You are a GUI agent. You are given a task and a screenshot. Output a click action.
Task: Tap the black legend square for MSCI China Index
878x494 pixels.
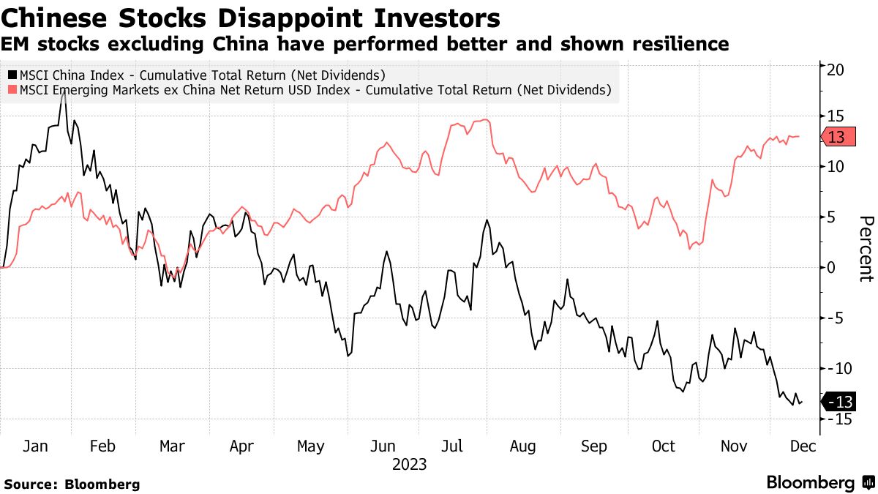tap(12, 75)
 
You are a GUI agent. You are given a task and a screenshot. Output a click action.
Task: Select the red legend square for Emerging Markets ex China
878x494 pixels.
tap(12, 91)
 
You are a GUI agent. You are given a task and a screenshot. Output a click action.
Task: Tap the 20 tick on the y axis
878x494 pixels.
tap(836, 70)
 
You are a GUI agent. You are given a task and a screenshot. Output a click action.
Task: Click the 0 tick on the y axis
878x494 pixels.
tap(832, 267)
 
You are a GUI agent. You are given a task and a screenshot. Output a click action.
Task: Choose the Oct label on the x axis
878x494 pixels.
tap(664, 446)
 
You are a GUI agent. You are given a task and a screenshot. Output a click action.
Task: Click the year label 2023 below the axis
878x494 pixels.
tap(410, 464)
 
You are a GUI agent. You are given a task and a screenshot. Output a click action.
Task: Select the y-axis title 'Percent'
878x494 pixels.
tap(866, 249)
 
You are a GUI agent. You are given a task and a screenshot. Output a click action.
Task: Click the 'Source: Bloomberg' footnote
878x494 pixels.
tap(72, 484)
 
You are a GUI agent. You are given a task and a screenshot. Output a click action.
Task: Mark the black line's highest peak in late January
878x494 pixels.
tap(64, 93)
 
